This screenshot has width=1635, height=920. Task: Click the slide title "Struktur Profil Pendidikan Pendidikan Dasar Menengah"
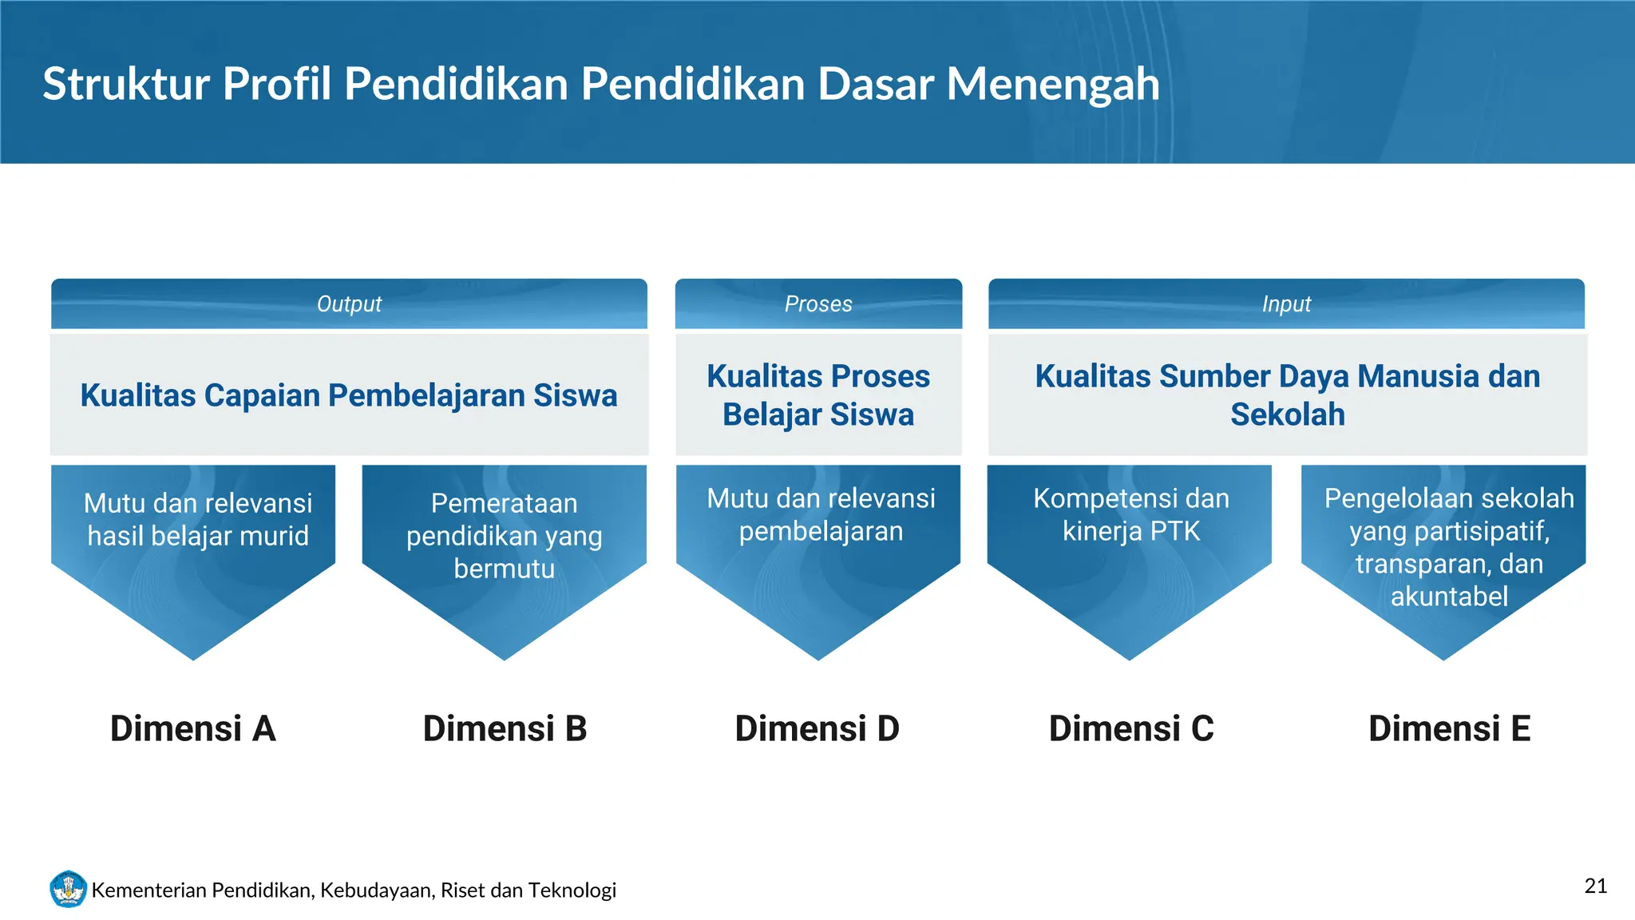tap(600, 84)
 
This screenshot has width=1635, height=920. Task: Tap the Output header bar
tap(349, 303)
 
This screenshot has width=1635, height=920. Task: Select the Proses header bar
tap(818, 303)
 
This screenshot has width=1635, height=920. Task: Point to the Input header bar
tap(1286, 303)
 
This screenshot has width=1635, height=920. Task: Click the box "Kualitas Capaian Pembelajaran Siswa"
tap(349, 395)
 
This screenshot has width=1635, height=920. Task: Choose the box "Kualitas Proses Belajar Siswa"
tap(818, 395)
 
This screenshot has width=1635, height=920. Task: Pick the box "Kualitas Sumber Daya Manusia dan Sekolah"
tap(1287, 395)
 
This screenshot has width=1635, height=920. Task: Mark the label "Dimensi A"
tap(193, 728)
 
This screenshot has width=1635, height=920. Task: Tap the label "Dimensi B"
tap(505, 728)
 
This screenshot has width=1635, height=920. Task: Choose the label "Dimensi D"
tap(817, 728)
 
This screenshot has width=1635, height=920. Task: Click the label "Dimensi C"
tap(1130, 728)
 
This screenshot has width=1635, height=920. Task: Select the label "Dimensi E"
tap(1449, 728)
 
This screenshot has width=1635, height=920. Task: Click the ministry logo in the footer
tap(68, 889)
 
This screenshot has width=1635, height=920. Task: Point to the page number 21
tap(1595, 886)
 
